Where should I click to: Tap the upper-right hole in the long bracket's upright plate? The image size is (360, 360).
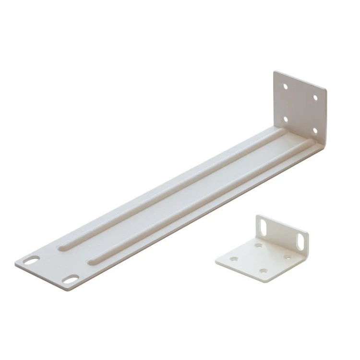pos(315,97)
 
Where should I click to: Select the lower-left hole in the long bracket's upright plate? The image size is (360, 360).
pos(285,119)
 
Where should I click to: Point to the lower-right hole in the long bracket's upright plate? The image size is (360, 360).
pos(315,130)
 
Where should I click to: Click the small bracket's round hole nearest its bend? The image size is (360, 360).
pos(259,245)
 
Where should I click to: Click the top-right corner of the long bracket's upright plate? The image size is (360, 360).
pos(326,90)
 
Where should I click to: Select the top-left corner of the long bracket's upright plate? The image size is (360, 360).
pos(275,72)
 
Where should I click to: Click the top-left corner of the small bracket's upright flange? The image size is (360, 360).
pos(256,216)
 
